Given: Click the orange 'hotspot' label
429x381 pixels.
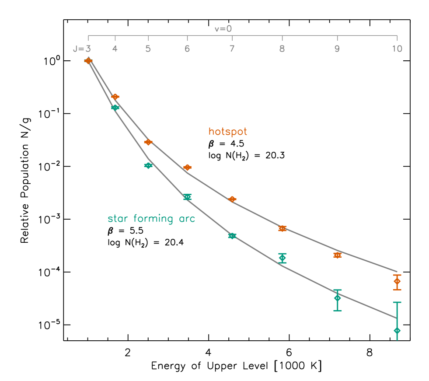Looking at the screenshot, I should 227,132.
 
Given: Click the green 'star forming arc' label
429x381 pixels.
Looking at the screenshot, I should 151,219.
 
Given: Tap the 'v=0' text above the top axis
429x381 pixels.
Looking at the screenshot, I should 223,29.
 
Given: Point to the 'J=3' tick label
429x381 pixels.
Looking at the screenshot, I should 82,49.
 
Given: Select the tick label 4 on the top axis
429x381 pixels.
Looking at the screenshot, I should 115,49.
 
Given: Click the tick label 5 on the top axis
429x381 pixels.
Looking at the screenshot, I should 148,49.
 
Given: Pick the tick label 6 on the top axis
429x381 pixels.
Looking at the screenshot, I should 187,49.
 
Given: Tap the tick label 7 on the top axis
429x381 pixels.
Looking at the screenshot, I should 232,49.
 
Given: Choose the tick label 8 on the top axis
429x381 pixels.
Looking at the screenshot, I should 282,49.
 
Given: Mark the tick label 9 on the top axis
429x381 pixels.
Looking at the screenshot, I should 337,49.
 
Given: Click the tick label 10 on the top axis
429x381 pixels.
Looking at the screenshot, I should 397,49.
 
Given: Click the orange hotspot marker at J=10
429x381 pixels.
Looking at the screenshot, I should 397,281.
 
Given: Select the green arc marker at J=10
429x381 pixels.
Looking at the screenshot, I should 397,331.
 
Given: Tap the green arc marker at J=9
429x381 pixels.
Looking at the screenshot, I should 337,298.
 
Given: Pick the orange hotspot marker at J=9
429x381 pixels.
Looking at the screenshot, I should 337,255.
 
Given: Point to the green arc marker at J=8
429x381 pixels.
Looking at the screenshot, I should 282,258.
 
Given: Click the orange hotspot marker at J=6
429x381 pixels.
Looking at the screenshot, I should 187,167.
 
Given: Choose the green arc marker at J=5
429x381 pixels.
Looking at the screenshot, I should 148,165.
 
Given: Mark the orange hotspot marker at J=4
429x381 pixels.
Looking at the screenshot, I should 115,97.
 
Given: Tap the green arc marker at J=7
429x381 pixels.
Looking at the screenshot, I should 232,236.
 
